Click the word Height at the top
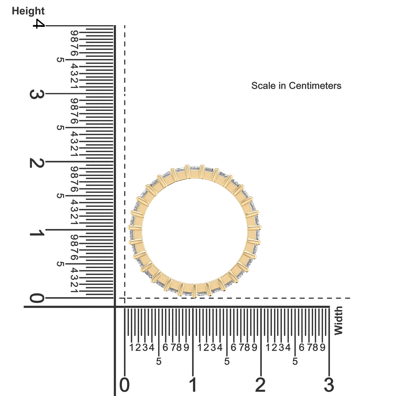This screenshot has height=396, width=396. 28,11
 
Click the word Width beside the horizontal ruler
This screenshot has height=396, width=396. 338,321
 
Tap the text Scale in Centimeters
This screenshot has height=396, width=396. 296,86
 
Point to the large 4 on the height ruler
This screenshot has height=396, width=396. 39,24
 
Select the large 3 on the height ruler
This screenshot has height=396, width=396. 37,94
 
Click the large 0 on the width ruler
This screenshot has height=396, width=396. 124,384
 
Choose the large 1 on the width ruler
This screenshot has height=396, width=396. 193,384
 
